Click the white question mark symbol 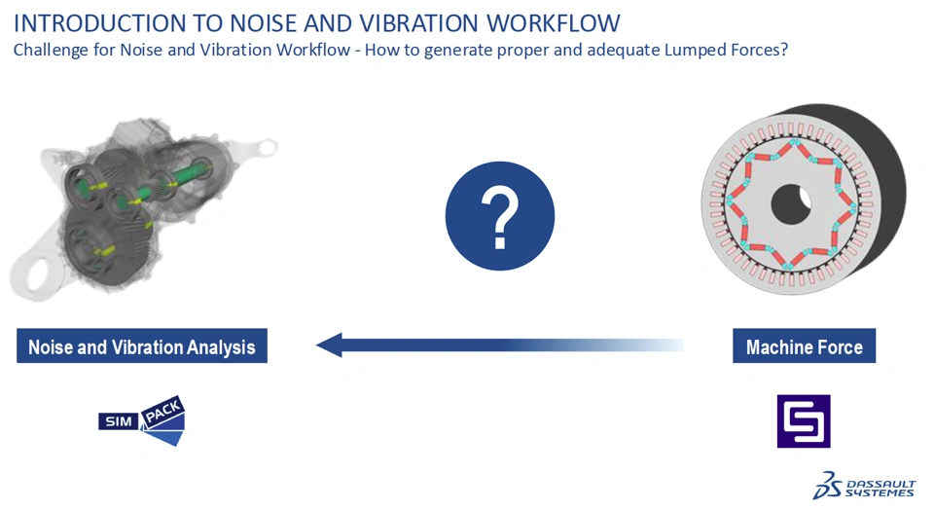tap(500, 217)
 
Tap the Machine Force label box tap(805, 345)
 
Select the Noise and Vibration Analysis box tap(142, 345)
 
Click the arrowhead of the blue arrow tap(330, 345)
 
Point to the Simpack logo tap(142, 420)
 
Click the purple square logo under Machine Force tap(804, 420)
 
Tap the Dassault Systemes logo tap(864, 486)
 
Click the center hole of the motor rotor tap(791, 203)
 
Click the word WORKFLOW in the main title tap(554, 23)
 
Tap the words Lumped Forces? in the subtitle tap(726, 50)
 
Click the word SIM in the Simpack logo tap(119, 421)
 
